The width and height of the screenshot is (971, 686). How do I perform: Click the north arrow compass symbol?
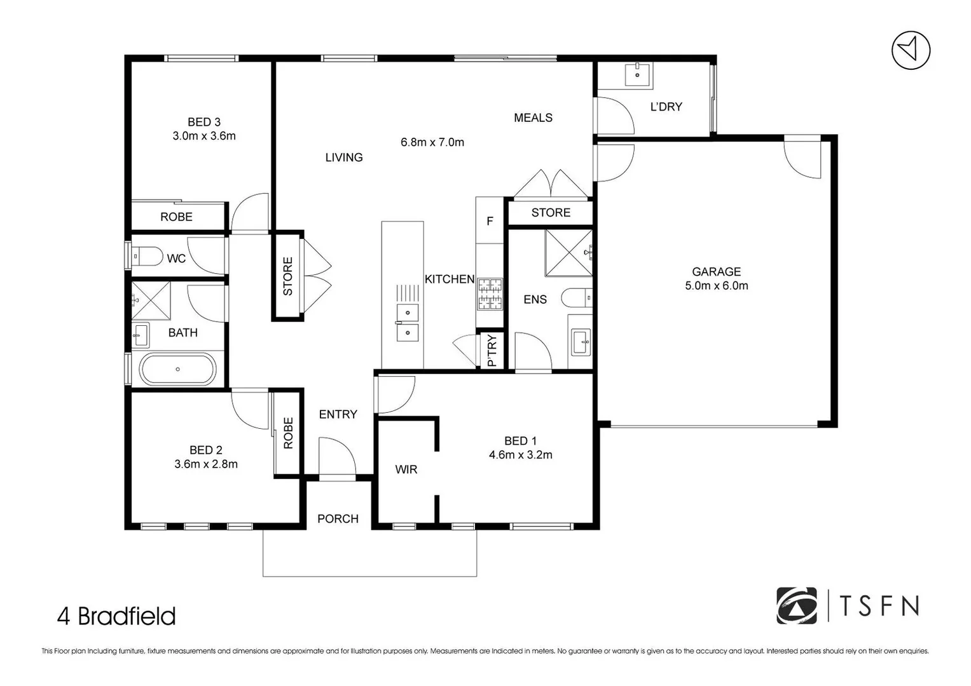coord(911,51)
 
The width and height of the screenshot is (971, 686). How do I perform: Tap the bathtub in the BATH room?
coord(177,369)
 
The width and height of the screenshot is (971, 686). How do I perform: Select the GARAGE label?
coord(716,272)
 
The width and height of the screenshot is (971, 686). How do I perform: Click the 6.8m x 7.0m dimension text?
coord(432,142)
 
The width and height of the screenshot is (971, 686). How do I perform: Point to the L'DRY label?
coord(666,107)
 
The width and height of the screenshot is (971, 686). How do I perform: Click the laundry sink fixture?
coord(637,74)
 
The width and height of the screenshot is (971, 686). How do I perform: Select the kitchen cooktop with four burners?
coord(490,293)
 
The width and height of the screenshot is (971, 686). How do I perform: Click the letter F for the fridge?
coord(490,221)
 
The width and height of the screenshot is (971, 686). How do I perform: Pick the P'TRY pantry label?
coord(491,351)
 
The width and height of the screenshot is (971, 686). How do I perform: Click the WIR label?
coord(406,469)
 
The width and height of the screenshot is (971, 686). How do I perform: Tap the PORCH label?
coord(338,519)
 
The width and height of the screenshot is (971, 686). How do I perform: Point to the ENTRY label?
coord(338,414)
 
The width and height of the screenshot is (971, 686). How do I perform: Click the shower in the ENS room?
coord(568,253)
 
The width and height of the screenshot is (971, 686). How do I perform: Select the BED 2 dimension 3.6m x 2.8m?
coord(206,464)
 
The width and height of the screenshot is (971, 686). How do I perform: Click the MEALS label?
coord(533,118)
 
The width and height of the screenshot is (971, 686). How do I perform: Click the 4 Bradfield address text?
coord(116,616)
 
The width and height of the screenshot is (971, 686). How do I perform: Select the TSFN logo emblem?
coord(796,605)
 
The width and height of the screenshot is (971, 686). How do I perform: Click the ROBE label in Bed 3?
coord(176,217)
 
